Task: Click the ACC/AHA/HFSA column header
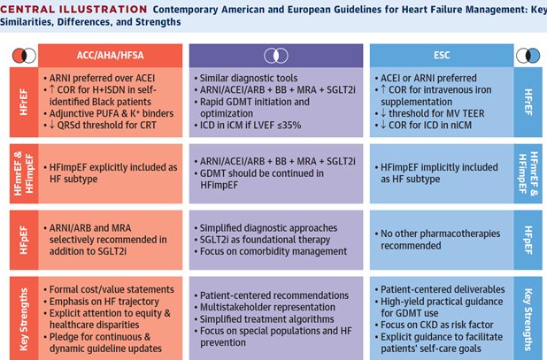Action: coord(106,53)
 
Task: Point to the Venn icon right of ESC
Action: coord(529,53)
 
